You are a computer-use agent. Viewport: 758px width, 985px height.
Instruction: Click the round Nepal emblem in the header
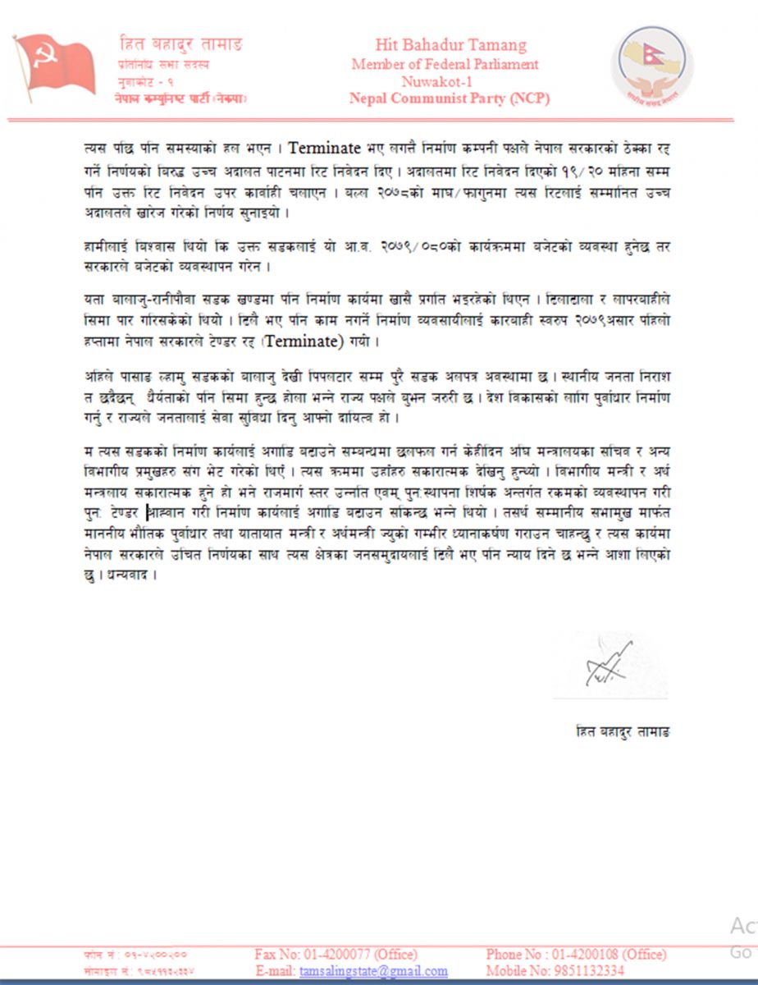(653, 66)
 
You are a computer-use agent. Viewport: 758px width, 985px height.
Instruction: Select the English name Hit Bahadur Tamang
(450, 45)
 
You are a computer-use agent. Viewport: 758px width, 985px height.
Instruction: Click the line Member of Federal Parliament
(445, 64)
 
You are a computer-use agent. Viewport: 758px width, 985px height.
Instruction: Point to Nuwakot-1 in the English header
(439, 81)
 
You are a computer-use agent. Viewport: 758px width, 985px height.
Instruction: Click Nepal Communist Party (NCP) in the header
(449, 98)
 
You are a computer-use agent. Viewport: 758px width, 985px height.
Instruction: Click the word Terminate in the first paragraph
(325, 149)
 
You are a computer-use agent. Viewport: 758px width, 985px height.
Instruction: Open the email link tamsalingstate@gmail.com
(373, 971)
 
